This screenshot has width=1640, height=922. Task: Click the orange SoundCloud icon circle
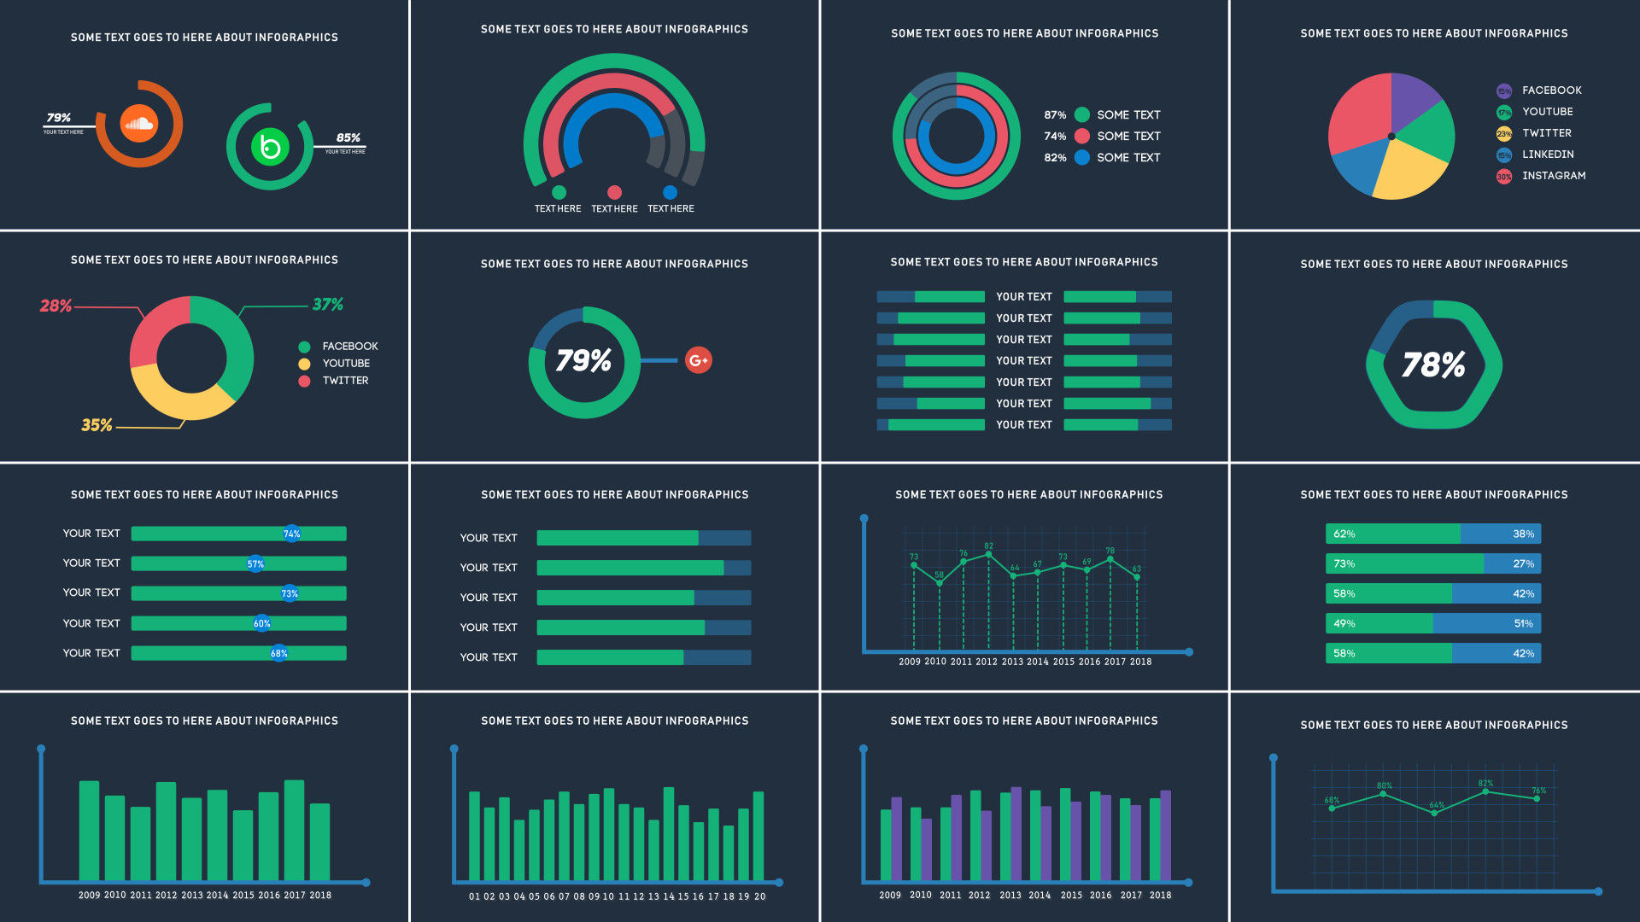(138, 124)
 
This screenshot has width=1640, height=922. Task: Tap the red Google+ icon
(698, 360)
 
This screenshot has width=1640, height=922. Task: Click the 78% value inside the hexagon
(1433, 365)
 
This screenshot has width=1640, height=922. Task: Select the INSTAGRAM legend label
(1553, 176)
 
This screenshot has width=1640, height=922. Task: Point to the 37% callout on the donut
(327, 305)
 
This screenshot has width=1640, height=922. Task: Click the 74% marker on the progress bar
(291, 534)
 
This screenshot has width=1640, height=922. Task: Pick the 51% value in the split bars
(1523, 624)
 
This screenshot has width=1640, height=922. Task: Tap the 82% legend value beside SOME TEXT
(1055, 158)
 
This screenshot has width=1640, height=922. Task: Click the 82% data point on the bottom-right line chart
(1485, 791)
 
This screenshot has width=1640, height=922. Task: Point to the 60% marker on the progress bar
(261, 623)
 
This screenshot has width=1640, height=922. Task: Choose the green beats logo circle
(270, 147)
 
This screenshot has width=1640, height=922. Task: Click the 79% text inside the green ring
(583, 361)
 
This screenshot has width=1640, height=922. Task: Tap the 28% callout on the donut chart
(56, 306)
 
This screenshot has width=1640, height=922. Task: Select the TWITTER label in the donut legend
(345, 381)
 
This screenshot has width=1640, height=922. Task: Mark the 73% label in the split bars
(1344, 564)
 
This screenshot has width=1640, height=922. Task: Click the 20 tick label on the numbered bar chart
(759, 896)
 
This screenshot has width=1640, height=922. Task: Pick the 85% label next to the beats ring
(348, 137)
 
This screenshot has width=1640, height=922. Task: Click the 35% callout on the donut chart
(97, 425)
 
